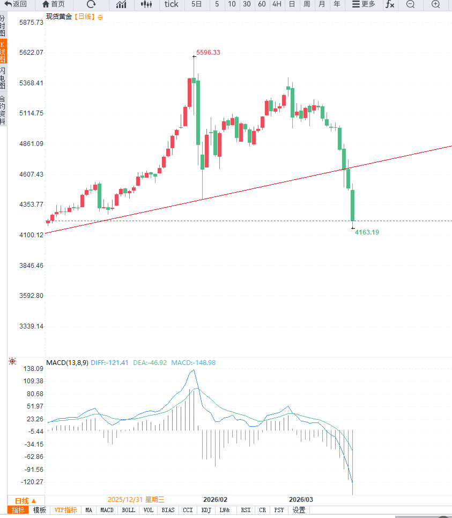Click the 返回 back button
coord(16,4)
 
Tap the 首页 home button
coord(54,4)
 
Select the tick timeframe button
coord(171,4)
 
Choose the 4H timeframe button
coord(277,4)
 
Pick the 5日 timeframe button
coord(197,4)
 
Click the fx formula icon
coord(390,4)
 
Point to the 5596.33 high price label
coord(208,53)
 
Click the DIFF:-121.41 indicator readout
coord(110,363)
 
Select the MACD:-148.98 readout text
coord(193,363)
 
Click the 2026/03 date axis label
coord(301,499)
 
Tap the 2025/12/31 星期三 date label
coord(136,499)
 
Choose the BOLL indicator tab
coord(128,510)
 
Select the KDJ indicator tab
coord(206,510)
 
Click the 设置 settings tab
coord(299,510)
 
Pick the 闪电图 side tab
coord(3,78)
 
